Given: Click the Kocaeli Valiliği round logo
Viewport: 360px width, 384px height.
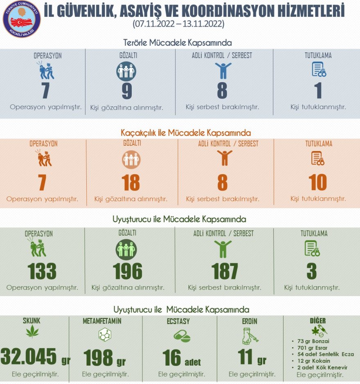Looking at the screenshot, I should point(21,19).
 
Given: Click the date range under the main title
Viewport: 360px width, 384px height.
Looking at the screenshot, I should point(178,24).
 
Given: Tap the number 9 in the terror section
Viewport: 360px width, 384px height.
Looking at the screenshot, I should point(127,91).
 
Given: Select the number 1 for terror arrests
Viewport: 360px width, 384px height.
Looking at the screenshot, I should point(318,91).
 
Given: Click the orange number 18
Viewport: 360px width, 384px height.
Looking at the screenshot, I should point(130,183).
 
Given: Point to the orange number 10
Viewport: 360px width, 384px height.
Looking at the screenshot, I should point(318,183).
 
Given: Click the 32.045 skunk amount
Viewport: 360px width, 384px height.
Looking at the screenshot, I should point(29,357).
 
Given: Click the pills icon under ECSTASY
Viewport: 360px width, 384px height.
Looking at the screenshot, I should point(182,336).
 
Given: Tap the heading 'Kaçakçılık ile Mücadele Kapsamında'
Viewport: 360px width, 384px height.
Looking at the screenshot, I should point(186,133).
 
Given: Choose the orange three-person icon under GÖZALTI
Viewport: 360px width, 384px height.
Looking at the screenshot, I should point(131,159).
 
